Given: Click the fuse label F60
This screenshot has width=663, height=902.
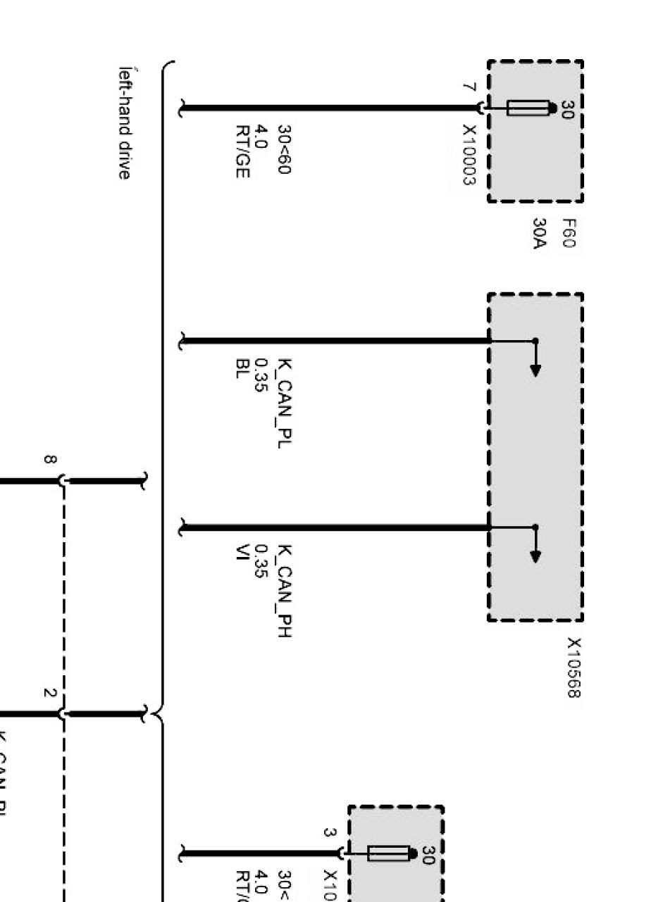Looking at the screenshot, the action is coord(569,234).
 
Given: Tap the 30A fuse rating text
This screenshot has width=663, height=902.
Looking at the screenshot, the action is coord(540,234).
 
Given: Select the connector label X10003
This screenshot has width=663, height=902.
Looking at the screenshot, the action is coord(469,155).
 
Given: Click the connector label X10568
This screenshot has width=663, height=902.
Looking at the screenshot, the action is coord(574,668).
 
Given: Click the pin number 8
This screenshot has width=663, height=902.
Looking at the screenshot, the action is coord(49,460).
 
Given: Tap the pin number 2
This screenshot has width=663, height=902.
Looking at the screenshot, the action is coord(49,693).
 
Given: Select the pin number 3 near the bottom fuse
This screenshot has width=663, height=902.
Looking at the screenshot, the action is coord(329,832).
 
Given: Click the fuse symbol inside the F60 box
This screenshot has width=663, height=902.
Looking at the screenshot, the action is coord(528,108).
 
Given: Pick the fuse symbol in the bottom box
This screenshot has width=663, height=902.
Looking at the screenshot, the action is coord(388,853).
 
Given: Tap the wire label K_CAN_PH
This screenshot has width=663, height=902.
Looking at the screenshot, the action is coord(285,590).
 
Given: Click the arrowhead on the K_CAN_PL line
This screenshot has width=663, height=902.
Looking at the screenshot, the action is coord(535,370).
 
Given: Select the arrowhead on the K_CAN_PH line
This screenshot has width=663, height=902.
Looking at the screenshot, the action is coord(535,556).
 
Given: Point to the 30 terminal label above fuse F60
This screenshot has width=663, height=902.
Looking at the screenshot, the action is coord(568,108).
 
